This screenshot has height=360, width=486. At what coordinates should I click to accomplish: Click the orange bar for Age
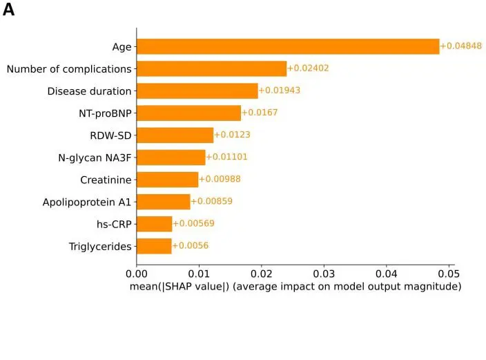tap(287, 46)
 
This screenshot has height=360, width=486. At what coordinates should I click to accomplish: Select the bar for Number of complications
tap(211, 68)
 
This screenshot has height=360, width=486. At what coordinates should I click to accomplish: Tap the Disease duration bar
tap(197, 91)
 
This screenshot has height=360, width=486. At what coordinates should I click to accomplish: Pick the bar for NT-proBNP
tap(188, 113)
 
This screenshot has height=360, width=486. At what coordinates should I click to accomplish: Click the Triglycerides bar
tap(154, 246)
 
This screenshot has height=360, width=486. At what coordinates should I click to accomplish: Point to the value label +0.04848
tap(460, 46)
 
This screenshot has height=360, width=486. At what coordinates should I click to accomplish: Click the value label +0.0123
tap(232, 135)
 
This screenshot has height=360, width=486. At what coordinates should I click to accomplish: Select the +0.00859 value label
tap(211, 202)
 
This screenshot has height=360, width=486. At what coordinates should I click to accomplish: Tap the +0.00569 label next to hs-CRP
tap(193, 224)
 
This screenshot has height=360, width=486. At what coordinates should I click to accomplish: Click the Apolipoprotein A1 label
tap(87, 202)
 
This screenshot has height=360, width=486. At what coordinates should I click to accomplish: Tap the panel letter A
tap(8, 10)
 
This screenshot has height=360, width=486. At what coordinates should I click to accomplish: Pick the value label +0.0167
tap(259, 113)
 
